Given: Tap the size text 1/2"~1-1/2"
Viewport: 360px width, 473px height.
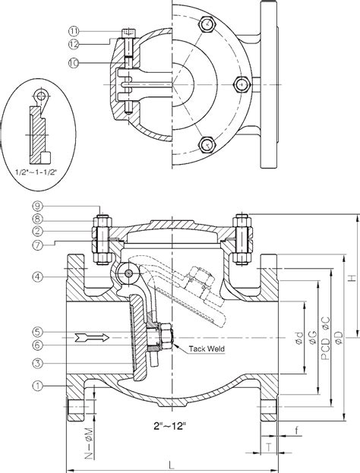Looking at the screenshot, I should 36,172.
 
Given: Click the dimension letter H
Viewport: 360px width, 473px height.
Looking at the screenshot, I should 352,279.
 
